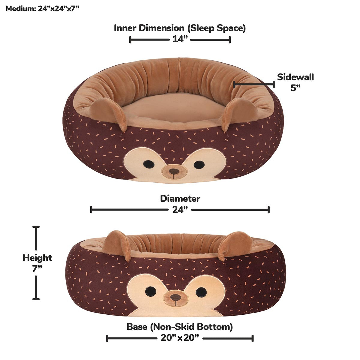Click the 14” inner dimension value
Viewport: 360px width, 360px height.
(x=180, y=39)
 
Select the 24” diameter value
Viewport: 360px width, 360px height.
(x=180, y=210)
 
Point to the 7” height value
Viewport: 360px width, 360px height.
(x=37, y=268)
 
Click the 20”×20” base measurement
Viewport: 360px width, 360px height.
(x=180, y=338)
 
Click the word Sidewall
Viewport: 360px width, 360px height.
(x=295, y=77)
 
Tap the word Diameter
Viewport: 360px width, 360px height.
(x=180, y=199)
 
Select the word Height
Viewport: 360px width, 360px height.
(x=37, y=258)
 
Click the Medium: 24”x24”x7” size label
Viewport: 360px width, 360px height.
(x=42, y=8)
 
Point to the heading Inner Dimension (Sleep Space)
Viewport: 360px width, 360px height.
(x=180, y=28)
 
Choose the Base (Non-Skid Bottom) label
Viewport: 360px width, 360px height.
(x=180, y=326)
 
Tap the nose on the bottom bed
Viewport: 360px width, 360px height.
(x=176, y=297)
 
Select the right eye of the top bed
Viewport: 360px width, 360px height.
(x=199, y=164)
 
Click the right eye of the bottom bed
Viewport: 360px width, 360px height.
(x=201, y=291)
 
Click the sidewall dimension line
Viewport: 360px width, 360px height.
(x=254, y=85)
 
